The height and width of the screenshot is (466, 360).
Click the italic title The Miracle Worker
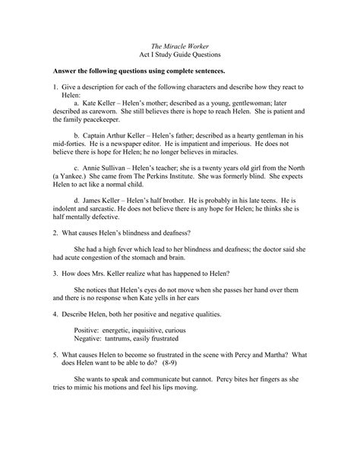(x=179, y=46)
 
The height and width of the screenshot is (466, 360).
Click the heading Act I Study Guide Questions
(x=179, y=56)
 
